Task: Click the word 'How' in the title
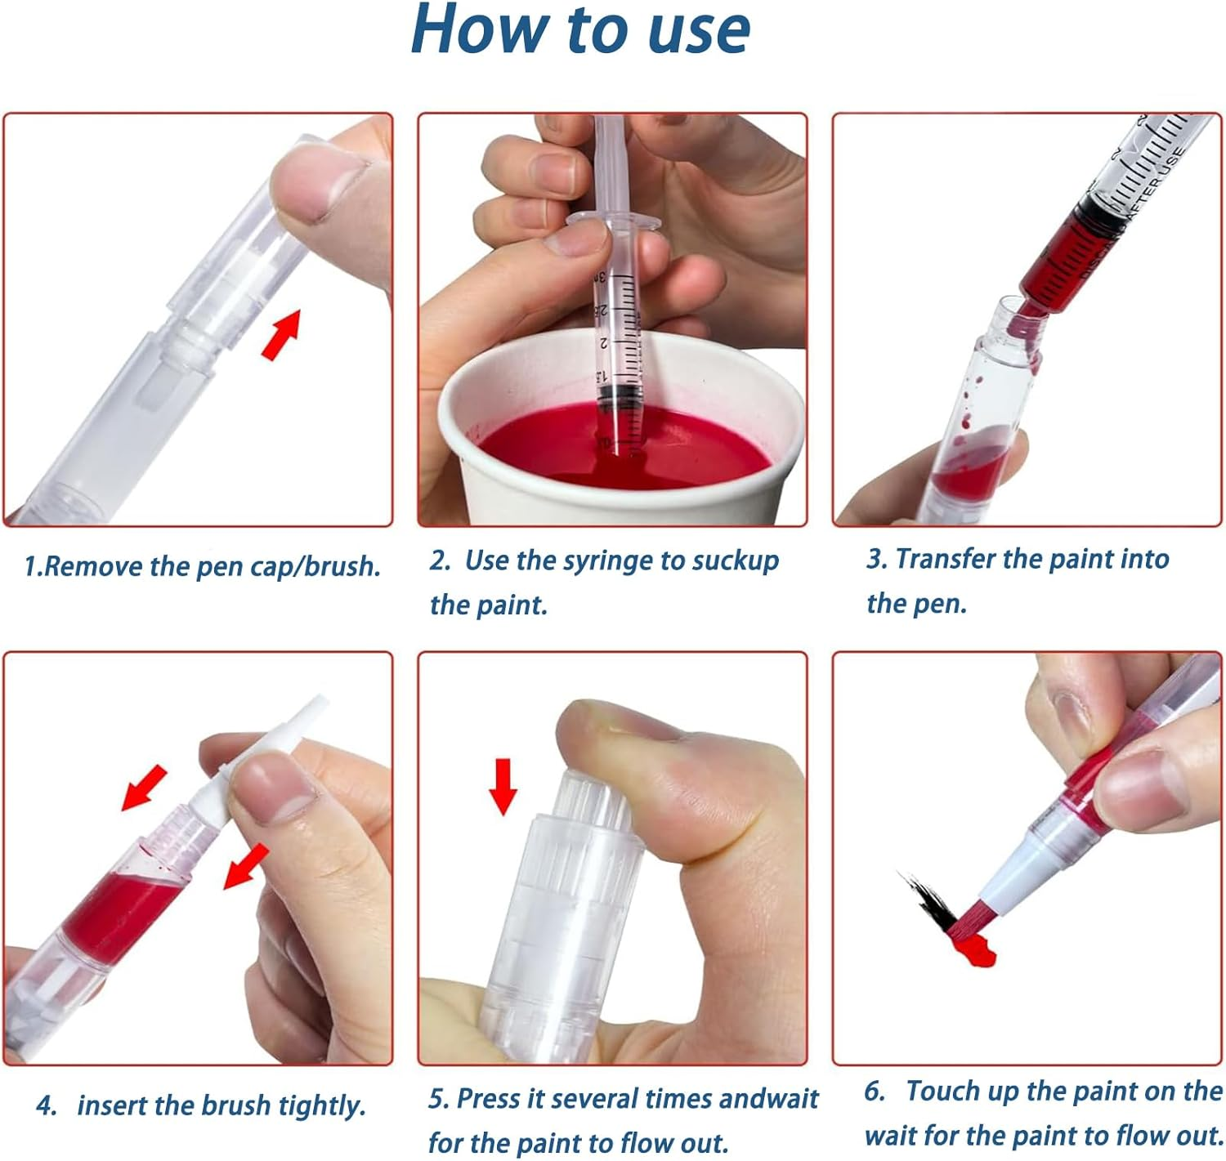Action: pos(482,30)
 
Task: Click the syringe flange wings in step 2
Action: pos(614,219)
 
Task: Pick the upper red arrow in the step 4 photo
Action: pos(144,788)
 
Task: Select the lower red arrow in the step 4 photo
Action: pos(246,867)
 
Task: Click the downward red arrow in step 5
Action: pos(503,787)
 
